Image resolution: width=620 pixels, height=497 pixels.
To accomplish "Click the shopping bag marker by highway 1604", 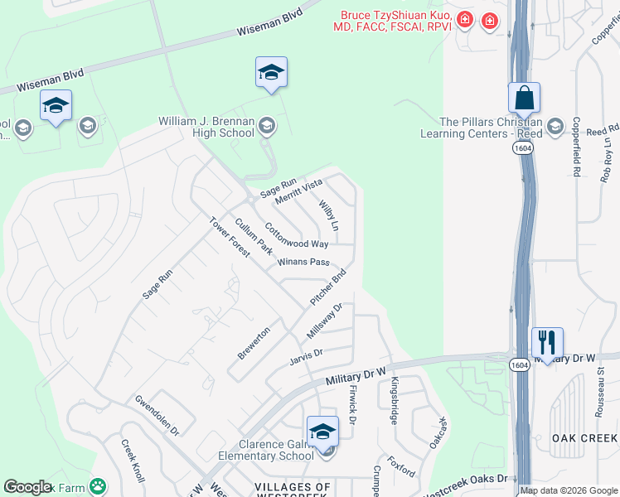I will tap(524, 99).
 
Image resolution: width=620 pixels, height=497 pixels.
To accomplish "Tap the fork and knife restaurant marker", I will tap(547, 342).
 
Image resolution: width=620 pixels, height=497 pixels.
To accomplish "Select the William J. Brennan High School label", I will tap(206, 127).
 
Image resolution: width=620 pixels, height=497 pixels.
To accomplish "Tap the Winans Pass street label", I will tap(303, 262).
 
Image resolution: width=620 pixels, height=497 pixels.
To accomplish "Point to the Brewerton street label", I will tap(254, 342).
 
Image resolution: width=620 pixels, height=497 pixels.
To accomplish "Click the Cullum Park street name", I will tap(253, 236).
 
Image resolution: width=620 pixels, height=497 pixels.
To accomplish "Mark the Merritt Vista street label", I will tap(300, 194).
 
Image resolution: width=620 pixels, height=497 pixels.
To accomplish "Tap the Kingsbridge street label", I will tap(395, 400).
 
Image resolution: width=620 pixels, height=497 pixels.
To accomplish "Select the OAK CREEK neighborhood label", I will tap(584, 437).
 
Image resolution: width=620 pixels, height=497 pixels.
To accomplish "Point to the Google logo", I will tap(27, 487).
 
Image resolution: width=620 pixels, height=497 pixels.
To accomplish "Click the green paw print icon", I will tap(98, 485).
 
